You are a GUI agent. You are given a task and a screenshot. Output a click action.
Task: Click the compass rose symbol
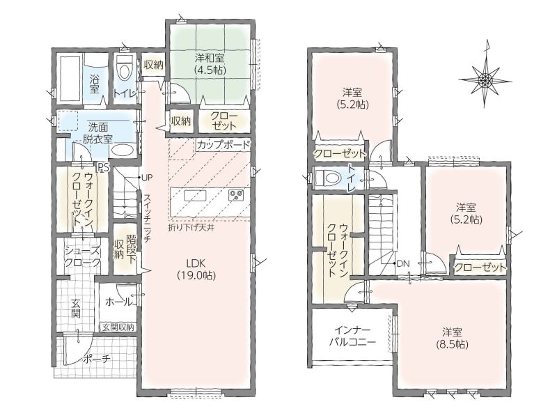(x=485, y=79)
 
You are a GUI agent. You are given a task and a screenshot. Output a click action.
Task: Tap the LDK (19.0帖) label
(x=196, y=269)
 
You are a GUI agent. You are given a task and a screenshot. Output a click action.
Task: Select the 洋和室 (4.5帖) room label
(x=210, y=63)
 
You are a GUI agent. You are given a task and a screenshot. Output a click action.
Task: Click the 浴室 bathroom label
(x=95, y=84)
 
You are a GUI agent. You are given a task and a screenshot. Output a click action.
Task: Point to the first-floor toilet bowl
(x=124, y=69)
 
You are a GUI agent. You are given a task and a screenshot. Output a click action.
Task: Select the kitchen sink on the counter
(x=195, y=196)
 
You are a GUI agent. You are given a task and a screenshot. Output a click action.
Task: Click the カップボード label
(x=223, y=145)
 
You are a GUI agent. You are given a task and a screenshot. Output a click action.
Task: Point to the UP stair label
(x=147, y=177)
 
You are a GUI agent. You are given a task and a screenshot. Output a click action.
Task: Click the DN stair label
(x=403, y=264)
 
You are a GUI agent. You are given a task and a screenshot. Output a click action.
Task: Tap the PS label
(x=103, y=167)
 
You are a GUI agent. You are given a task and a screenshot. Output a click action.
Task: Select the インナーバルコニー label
(x=352, y=336)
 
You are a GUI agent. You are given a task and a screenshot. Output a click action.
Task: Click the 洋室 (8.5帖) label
(x=452, y=338)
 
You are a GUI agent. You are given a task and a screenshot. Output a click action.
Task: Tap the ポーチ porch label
(x=97, y=359)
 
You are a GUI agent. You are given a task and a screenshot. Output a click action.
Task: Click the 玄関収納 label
(x=118, y=327)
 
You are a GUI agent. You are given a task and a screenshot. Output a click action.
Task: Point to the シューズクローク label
(x=82, y=256)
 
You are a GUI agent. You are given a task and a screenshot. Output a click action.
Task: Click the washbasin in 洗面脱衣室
(x=121, y=150)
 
